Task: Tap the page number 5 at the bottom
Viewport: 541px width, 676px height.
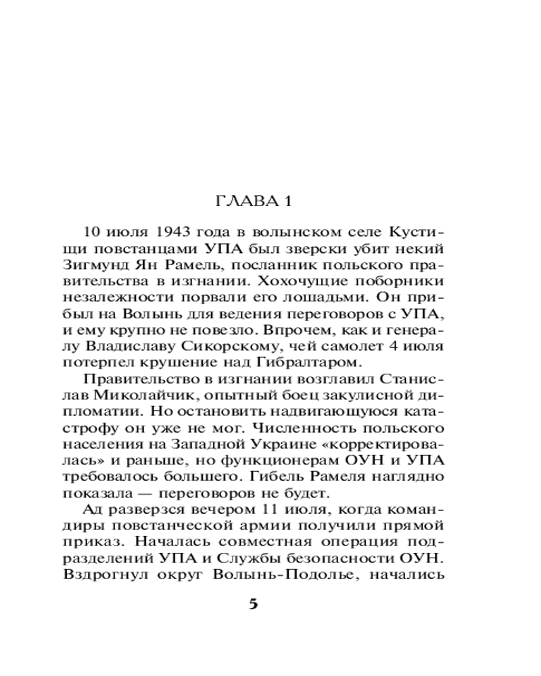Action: (x=254, y=603)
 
